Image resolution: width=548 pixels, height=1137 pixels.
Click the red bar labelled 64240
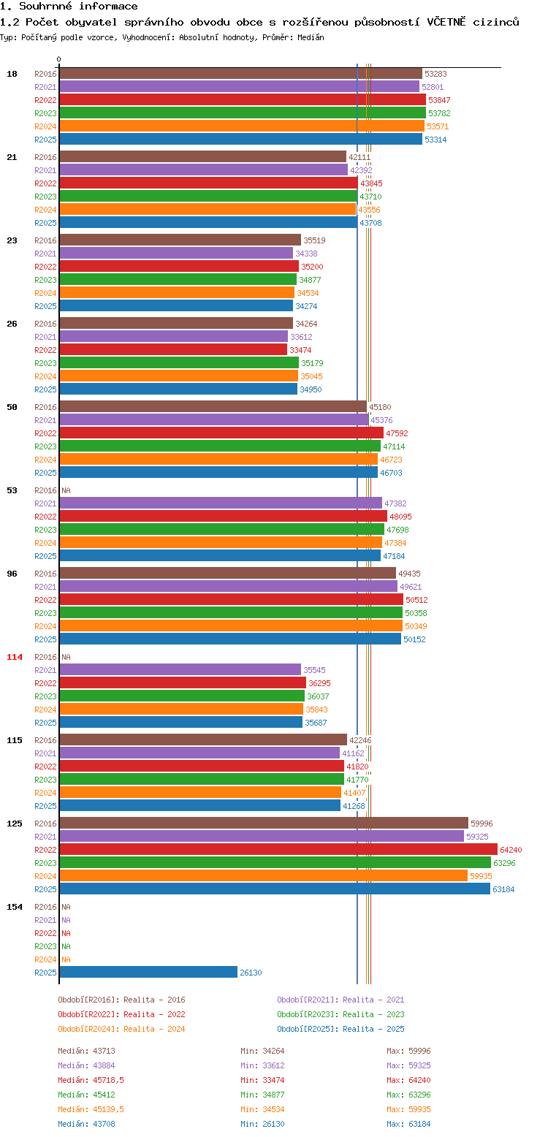278,849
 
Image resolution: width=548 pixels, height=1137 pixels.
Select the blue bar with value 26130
148,972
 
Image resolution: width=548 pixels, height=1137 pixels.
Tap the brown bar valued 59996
264,823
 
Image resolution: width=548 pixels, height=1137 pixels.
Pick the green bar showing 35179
179,362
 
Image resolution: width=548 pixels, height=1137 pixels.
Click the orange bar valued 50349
231,625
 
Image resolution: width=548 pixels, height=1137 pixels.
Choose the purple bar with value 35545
180,669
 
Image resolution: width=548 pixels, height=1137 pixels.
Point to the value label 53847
439,100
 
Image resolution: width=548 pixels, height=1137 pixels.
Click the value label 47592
397,433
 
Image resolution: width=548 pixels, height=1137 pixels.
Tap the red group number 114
14,657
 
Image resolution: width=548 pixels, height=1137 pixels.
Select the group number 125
14,824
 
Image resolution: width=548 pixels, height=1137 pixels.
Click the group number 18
12,74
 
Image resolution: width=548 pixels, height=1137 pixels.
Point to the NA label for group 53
66,490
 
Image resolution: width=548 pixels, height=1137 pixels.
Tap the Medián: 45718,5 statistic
91,1080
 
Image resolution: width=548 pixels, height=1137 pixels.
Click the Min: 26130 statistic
262,1124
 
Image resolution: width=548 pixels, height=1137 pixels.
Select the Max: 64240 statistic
408,1080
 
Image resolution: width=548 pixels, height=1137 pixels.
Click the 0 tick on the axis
59,59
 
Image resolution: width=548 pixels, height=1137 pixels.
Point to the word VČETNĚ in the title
446,22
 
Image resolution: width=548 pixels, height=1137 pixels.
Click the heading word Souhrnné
45,6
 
